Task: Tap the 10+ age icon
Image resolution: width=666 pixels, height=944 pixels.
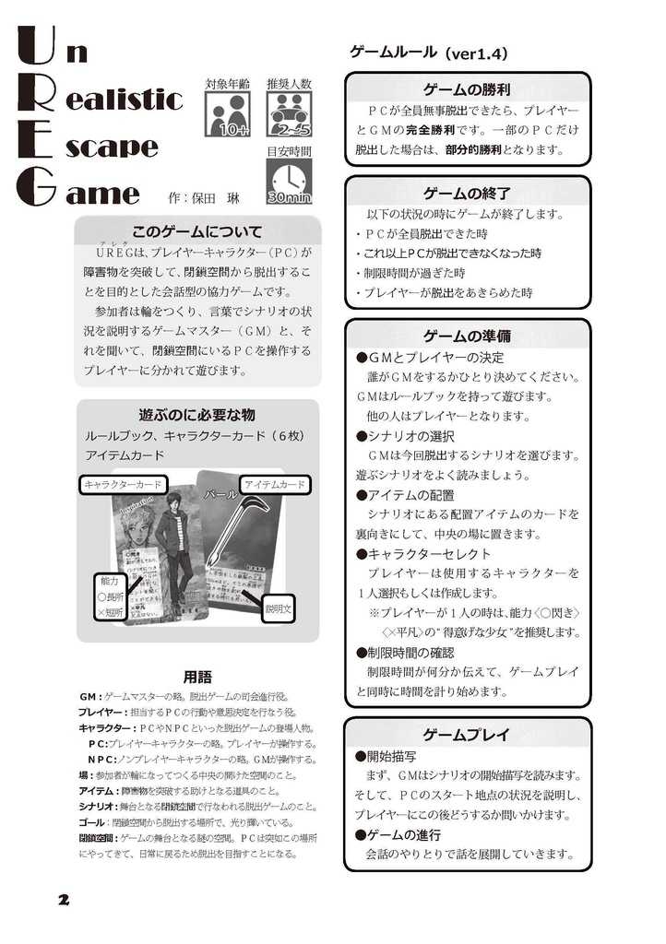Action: pos(227,115)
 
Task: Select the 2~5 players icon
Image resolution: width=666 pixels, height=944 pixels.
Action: pos(289,114)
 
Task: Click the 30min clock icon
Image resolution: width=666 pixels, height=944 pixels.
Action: pos(289,182)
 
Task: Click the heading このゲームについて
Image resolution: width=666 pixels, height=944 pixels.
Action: pos(197,231)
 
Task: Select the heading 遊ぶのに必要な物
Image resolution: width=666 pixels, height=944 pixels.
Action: pos(196,414)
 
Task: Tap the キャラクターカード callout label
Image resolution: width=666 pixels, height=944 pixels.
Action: pos(123,484)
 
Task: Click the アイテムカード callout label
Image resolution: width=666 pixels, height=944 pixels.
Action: pos(275,484)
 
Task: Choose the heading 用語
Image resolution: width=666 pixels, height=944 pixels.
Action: pos(197,675)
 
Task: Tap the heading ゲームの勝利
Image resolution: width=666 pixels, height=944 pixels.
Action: pos(467,89)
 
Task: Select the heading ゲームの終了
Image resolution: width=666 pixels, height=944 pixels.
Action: pos(467,194)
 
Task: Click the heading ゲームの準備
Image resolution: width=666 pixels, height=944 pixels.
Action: pos(467,336)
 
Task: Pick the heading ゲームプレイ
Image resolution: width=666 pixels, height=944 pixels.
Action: pos(467,734)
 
